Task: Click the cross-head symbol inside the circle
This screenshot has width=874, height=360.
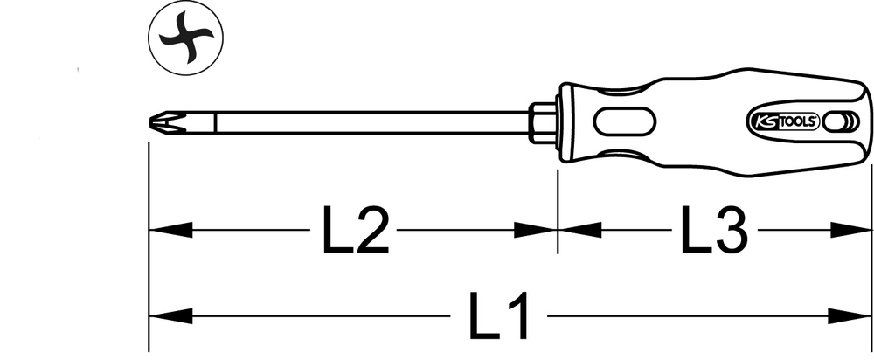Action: tap(185, 39)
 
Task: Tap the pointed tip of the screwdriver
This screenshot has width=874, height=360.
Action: tap(150, 122)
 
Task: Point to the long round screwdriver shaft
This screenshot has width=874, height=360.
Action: tap(372, 122)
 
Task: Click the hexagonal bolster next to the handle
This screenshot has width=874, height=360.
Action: tap(543, 122)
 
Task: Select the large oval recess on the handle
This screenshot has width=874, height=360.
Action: tap(624, 121)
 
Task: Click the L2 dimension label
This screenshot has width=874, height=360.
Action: tap(355, 230)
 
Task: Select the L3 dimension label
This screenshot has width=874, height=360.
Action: tap(714, 229)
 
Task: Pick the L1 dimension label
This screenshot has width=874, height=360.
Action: tap(498, 316)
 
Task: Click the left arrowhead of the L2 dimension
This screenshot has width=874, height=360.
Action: tap(170, 230)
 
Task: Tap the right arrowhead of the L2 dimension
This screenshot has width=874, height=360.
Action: tap(535, 230)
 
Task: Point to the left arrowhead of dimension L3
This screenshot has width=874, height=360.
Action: tap(579, 230)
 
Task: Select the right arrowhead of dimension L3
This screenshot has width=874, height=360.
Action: tap(850, 230)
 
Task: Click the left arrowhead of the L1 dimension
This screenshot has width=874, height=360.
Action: tap(170, 316)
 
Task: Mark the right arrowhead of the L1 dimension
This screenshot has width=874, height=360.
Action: tap(850, 316)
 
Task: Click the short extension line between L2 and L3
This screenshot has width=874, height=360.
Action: tap(558, 211)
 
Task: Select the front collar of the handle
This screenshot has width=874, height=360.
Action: tap(565, 122)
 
